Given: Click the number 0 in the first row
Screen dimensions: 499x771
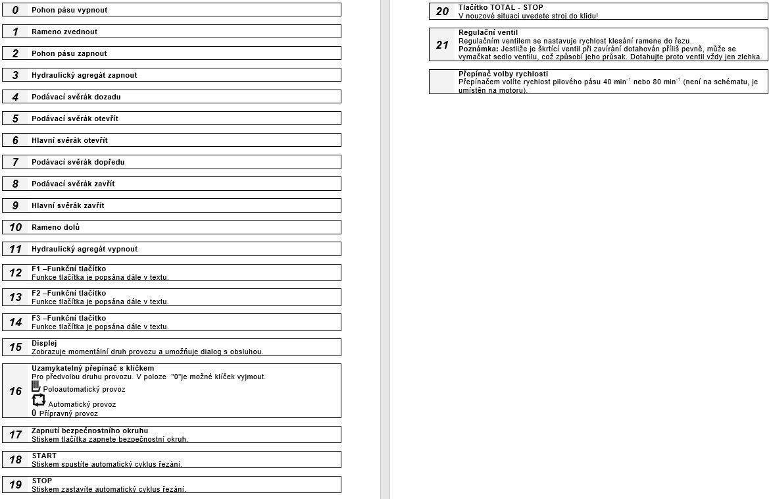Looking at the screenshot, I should (15, 10).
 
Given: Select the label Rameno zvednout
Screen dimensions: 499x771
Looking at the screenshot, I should (64, 32).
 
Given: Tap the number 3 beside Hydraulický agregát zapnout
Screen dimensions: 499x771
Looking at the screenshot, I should (15, 75).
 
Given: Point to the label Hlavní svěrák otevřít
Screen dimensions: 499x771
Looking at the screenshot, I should (70, 140).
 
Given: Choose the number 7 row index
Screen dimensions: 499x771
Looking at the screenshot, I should (15, 162).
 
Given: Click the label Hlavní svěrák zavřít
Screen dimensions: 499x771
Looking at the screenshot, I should (68, 205).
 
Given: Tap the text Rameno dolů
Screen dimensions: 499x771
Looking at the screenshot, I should (55, 227).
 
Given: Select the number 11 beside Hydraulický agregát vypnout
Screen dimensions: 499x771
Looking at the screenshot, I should (15, 249).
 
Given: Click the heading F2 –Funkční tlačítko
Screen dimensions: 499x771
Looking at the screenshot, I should (68, 294).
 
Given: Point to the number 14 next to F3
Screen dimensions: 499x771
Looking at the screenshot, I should (15, 322).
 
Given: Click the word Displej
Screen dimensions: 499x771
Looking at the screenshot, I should (44, 343).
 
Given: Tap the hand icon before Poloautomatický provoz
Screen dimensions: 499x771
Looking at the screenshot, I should (36, 387).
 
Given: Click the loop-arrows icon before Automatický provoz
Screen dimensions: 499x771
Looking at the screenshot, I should (39, 400).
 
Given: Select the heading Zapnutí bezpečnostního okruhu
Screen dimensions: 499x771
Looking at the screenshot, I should (89, 431).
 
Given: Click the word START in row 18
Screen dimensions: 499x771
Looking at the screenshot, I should (44, 456).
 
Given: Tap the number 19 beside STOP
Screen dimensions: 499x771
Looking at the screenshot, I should (15, 485).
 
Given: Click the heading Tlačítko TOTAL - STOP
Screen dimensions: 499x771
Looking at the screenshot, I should (501, 7).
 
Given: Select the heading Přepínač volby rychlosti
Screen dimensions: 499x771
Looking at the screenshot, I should (503, 74).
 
